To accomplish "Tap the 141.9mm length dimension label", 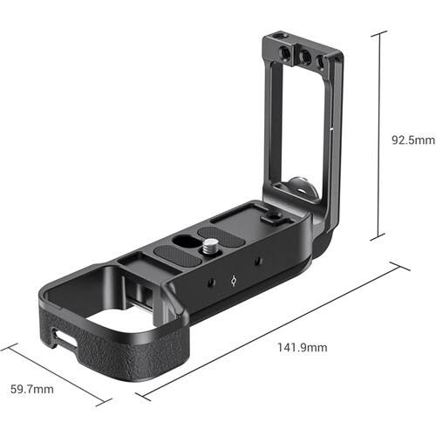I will (302, 348).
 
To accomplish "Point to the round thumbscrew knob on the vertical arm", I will (295, 186).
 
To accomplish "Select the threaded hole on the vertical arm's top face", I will (277, 37).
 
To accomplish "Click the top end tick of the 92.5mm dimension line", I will (378, 32).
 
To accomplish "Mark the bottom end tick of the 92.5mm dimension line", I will (378, 238).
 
